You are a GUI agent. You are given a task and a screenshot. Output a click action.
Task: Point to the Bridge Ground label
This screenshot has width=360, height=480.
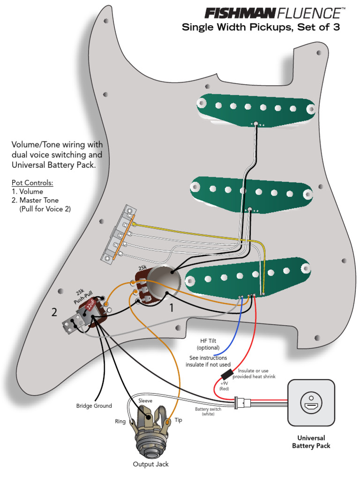pyautogui.click(x=94, y=405)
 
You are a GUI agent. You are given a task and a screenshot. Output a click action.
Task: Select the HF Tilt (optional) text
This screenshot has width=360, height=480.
pyautogui.click(x=208, y=344)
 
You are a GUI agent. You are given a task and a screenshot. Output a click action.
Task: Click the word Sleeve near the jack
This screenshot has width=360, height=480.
pyautogui.click(x=145, y=401)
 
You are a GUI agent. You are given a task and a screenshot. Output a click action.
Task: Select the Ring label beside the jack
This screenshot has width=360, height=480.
pyautogui.click(x=120, y=421)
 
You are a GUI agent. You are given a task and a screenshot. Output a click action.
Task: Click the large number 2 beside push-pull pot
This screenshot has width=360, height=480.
pyautogui.click(x=54, y=313)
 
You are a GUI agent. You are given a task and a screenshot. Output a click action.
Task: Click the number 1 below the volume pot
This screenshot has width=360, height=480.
pyautogui.click(x=172, y=308)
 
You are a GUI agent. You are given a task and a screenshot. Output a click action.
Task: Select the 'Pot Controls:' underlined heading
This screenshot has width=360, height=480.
pyautogui.click(x=32, y=182)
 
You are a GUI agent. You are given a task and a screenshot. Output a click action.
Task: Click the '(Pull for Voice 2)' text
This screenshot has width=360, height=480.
pyautogui.click(x=45, y=209)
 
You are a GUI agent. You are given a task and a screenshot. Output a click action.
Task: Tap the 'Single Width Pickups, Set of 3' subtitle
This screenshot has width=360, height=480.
pyautogui.click(x=260, y=27)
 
